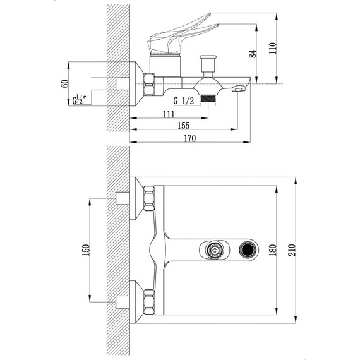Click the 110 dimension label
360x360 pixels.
(x=273, y=48)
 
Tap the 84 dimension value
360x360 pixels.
(x=253, y=54)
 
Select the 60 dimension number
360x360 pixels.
(x=65, y=83)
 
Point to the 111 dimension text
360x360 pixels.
(x=169, y=114)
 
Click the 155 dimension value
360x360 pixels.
(x=184, y=126)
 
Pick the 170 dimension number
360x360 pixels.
(x=190, y=138)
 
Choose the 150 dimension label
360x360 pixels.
(x=86, y=250)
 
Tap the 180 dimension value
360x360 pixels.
(x=273, y=250)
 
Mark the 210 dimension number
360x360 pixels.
(x=292, y=250)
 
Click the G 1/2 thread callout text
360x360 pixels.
(x=184, y=101)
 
